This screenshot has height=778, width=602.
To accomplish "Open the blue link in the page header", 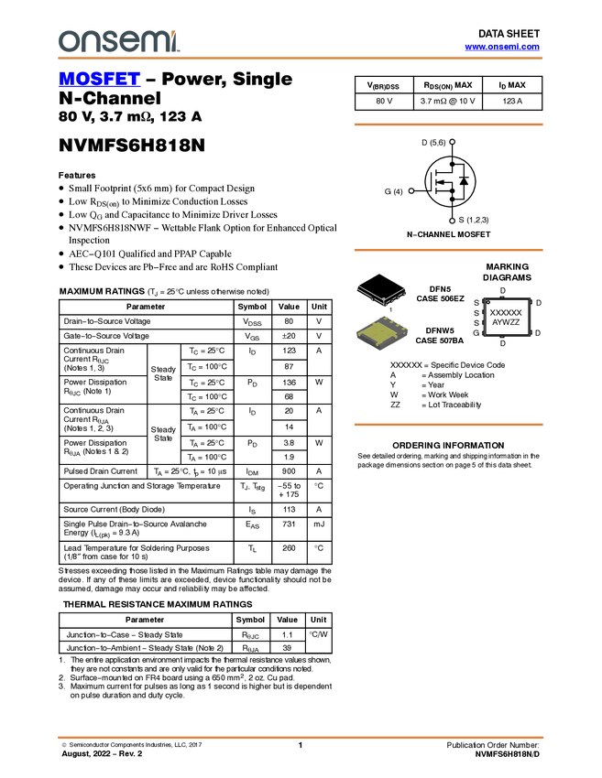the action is click(502, 47).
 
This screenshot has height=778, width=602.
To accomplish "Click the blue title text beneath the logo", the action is click(99, 80).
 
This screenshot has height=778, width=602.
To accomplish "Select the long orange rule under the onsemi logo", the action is click(301, 59).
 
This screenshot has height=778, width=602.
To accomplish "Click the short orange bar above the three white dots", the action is click(448, 124).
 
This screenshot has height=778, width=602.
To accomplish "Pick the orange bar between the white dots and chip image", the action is click(448, 250).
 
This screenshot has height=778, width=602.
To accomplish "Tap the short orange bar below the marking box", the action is click(448, 425).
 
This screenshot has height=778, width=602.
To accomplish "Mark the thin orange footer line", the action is click(301, 736).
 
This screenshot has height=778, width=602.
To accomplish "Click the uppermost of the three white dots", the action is click(453, 142).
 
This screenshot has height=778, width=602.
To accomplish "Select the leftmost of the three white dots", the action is click(411, 190).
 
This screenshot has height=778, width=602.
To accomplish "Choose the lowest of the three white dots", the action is click(453, 221).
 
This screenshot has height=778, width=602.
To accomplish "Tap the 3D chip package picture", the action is click(382, 333).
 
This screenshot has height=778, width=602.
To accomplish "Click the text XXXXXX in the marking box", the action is click(507, 312).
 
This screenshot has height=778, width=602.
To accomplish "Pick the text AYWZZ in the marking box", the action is click(506, 322).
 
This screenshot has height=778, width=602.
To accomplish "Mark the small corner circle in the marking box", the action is click(488, 302).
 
